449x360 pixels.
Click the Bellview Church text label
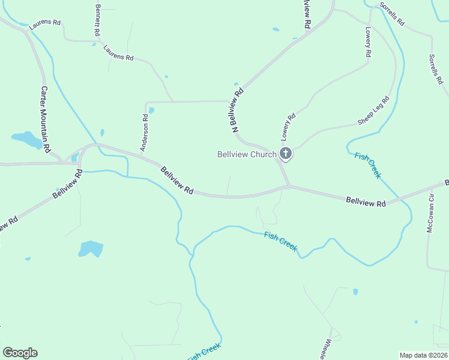pyautogui.click(x=247, y=154)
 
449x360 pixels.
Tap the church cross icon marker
pyautogui.click(x=286, y=154)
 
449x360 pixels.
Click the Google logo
pyautogui.click(x=20, y=353)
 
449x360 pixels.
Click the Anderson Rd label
pyautogui.click(x=144, y=133)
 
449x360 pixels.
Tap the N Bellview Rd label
pyautogui.click(x=238, y=110)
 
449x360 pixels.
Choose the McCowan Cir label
pyautogui.click(x=430, y=214)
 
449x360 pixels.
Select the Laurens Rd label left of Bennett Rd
pyautogui.click(x=45, y=23)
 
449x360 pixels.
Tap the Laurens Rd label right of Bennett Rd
pyautogui.click(x=118, y=53)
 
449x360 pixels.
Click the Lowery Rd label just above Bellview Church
pyautogui.click(x=289, y=125)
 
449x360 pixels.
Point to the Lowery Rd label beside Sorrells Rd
pyautogui.click(x=368, y=41)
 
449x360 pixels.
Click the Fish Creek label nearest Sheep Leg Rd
pyautogui.click(x=367, y=165)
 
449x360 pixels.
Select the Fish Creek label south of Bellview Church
pyautogui.click(x=281, y=241)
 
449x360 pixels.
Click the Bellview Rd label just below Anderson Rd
pyautogui.click(x=177, y=180)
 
